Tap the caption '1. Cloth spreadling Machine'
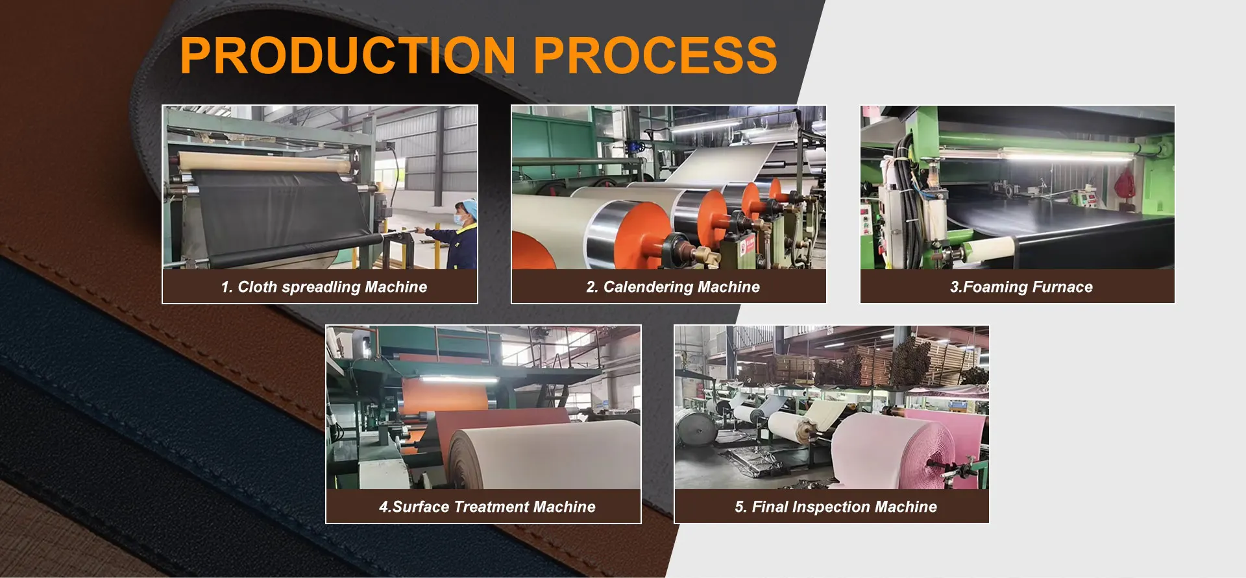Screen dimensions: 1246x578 (324, 287)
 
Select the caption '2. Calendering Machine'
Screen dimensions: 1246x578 (673, 287)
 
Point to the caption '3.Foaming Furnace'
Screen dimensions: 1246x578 (1021, 287)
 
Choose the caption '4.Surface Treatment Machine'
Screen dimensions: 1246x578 (487, 507)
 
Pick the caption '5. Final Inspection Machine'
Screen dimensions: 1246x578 (836, 507)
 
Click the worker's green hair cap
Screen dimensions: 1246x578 (465, 208)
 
